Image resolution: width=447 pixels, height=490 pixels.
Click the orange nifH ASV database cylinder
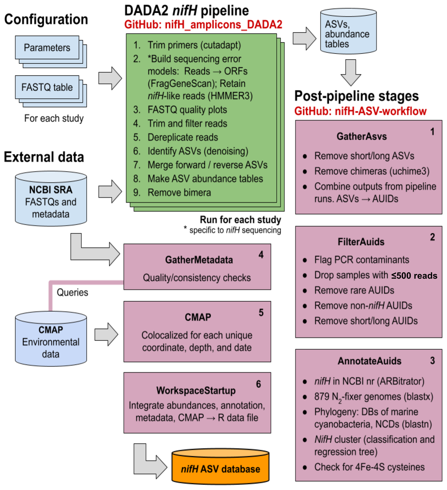coord(220,467)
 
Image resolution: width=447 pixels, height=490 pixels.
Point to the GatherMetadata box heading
coord(199,260)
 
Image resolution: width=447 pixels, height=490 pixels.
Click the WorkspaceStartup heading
coord(196,391)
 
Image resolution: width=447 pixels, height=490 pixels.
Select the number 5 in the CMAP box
coord(261,313)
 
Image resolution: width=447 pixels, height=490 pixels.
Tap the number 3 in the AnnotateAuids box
coord(432,361)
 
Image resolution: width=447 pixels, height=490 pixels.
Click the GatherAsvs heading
coord(362,137)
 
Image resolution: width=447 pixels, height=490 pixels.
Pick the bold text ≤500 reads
coord(414,276)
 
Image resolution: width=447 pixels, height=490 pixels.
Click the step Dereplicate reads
coord(183,137)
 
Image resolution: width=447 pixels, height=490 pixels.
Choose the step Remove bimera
coord(179,193)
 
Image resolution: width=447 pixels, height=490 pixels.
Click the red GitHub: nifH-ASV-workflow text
coord(360,111)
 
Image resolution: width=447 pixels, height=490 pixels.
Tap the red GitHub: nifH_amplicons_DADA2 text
coord(203,25)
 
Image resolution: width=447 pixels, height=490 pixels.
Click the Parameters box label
coord(47,48)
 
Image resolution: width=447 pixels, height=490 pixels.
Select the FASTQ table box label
coord(47,87)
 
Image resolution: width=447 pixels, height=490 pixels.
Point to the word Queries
coord(72,292)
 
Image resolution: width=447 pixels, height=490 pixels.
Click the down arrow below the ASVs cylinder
coord(351,72)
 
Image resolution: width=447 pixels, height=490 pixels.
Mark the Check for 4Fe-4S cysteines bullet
coord(369,467)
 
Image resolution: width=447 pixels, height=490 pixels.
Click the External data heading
coord(44,157)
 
